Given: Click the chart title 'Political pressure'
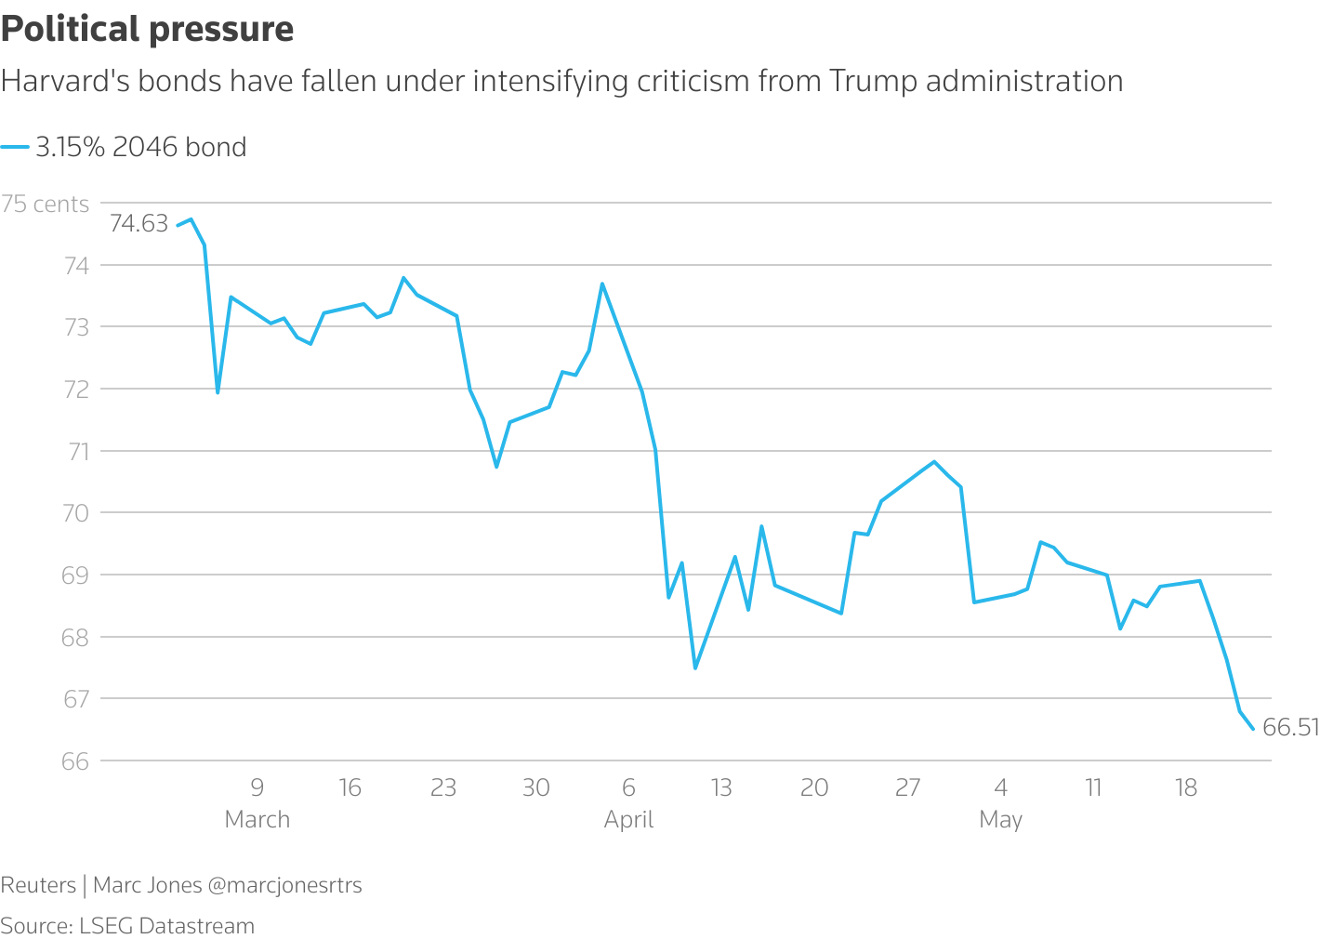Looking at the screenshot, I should pos(147,30).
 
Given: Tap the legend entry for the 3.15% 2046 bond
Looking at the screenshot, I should pos(139,147).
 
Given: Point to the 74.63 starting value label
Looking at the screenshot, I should pos(139,223).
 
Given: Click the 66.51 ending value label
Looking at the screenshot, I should pos(1290,728).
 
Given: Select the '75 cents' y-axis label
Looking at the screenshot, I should pos(46,205).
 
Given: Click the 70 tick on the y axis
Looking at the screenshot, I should pos(75,513).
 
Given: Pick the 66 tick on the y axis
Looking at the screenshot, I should pos(75,761).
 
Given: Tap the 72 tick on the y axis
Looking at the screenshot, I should pos(75,390).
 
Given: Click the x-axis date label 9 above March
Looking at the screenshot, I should pos(257,788).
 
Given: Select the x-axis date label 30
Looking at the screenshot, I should pos(535,788).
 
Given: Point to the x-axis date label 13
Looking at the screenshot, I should pos(721,788).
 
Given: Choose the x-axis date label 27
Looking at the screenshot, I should pos(907,788).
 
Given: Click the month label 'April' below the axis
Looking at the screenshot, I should pos(628,820).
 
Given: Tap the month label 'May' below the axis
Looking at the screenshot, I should pos(1000,820).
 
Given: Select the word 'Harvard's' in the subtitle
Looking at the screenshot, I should pos(65,82).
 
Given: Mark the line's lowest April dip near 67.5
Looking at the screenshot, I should pos(695,668).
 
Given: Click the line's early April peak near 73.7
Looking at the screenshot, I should pos(602,284).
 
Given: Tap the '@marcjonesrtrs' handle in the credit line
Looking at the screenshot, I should pos(284,885).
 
